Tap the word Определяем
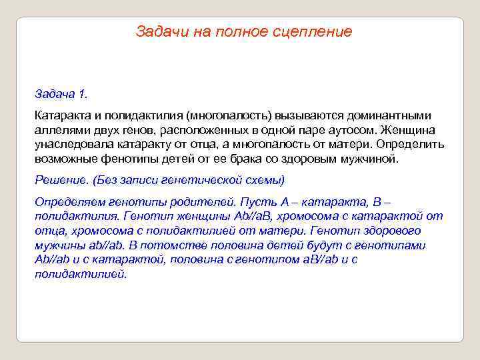[x=70, y=202]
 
